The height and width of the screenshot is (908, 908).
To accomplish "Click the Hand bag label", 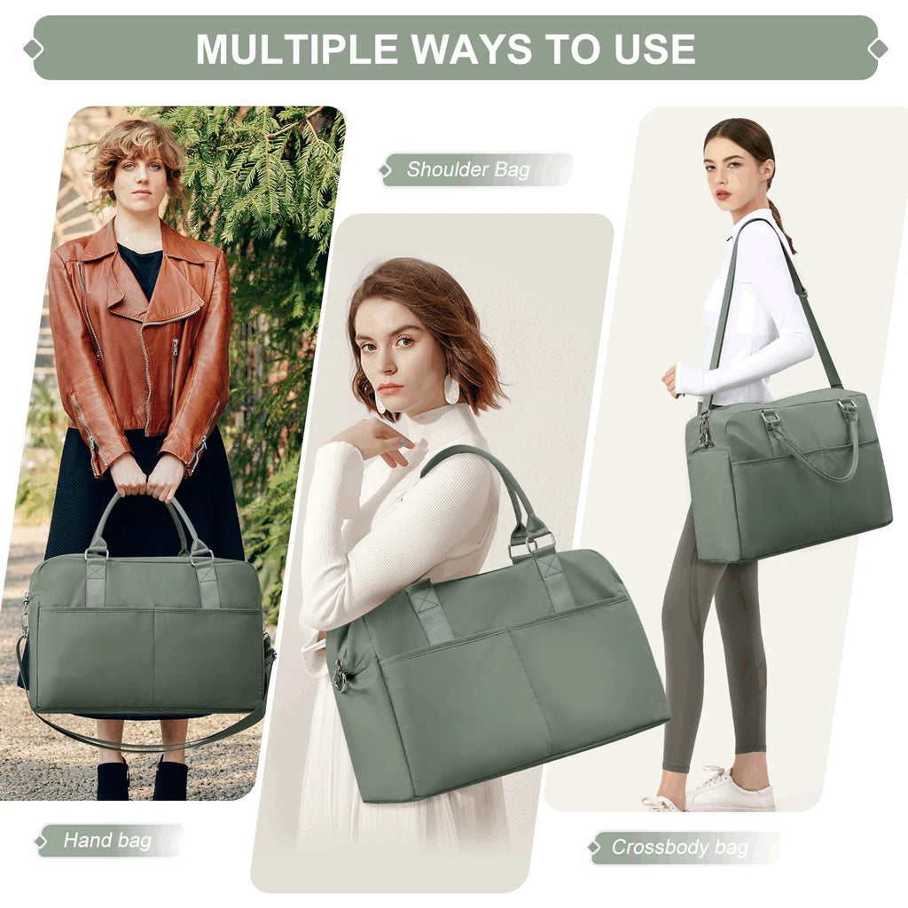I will pos(107,840).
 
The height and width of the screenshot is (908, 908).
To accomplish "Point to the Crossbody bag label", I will pos(679,847).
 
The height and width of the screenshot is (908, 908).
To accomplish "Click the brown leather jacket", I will pos(142,346).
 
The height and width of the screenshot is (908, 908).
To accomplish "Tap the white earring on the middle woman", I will pos(451,389).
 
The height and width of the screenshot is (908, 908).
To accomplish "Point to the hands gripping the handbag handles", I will pos(146,479).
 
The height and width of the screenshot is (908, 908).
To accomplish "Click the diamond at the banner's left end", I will pos(34,49).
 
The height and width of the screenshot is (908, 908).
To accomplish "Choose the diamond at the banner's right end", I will pos(878,49).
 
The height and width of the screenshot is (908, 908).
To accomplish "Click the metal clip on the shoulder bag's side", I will pos(340,678).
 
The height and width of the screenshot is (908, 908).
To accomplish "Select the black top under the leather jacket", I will pos(141,266).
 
